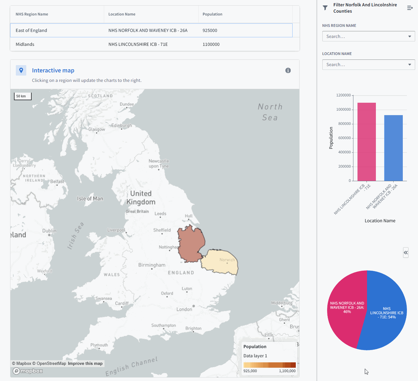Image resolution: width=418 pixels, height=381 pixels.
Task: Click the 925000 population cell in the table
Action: pos(210,30)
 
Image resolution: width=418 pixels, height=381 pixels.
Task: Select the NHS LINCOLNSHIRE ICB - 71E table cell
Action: pos(138,44)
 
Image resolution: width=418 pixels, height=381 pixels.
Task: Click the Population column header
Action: pos(212,14)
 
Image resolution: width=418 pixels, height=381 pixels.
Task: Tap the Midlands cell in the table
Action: pos(25,44)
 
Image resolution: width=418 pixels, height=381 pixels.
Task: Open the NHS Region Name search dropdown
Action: pos(368,36)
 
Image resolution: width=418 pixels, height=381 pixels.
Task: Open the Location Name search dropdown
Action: pos(368,65)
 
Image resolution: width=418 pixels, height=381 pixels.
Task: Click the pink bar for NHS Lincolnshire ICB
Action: pos(366,142)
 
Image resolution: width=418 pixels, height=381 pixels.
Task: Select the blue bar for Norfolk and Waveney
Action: pos(393,149)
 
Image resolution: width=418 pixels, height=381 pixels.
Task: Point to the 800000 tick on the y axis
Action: pos(345,124)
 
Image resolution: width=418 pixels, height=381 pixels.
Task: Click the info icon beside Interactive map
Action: pos(288,71)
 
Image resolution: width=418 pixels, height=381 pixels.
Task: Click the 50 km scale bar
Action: pos(22,96)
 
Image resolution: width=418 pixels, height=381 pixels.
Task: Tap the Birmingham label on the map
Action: pos(152,265)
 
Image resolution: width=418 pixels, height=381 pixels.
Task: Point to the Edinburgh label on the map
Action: pos(122,126)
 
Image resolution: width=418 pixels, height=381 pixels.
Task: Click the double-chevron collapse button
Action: pos(406,253)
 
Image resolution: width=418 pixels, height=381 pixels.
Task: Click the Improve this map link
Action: pos(85,364)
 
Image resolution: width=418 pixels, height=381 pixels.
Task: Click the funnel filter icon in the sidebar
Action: pos(325,8)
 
